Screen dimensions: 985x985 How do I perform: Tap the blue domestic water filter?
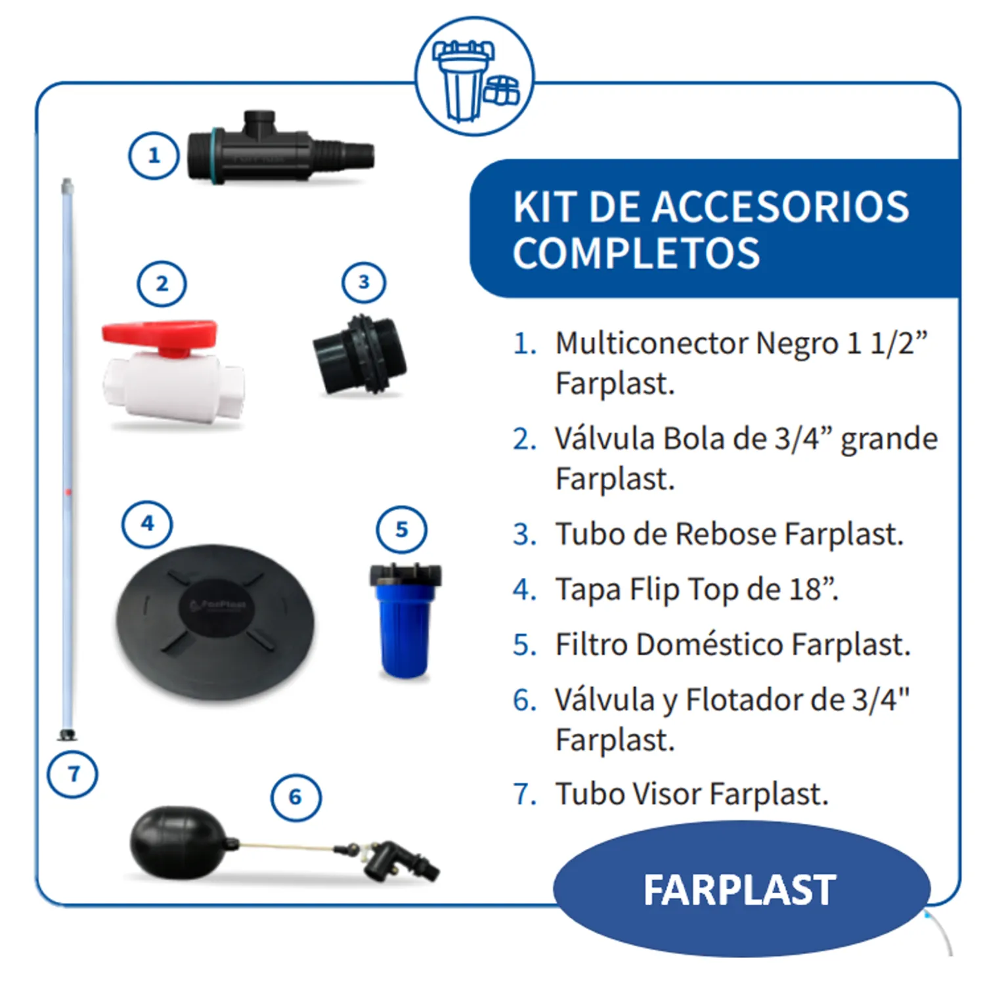[405, 621]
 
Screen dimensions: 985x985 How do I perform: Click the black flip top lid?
[215, 623]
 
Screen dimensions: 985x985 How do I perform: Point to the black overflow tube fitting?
[360, 355]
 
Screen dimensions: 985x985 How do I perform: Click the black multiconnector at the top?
[280, 149]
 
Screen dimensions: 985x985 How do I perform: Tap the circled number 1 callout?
[154, 156]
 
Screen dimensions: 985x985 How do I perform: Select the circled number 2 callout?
[162, 284]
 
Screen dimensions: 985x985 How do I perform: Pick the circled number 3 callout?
[364, 282]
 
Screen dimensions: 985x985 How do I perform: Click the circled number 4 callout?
[148, 523]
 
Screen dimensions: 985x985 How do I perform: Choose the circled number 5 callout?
[402, 529]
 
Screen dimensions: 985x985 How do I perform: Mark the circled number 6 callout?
[296, 797]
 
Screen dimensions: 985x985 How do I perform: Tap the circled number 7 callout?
[73, 774]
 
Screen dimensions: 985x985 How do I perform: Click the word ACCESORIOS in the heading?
[780, 208]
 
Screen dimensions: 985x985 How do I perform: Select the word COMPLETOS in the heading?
[636, 253]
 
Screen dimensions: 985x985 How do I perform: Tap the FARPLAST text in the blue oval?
[739, 890]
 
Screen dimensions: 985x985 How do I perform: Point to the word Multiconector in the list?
[651, 343]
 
